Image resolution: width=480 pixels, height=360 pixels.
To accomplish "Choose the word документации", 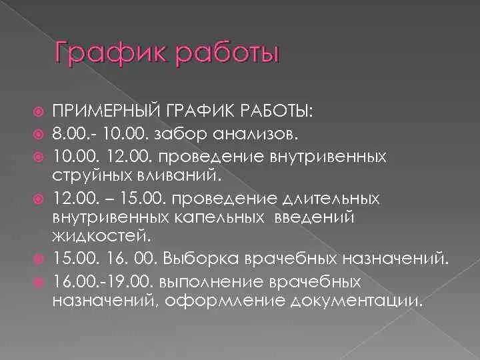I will (x=355, y=300).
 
